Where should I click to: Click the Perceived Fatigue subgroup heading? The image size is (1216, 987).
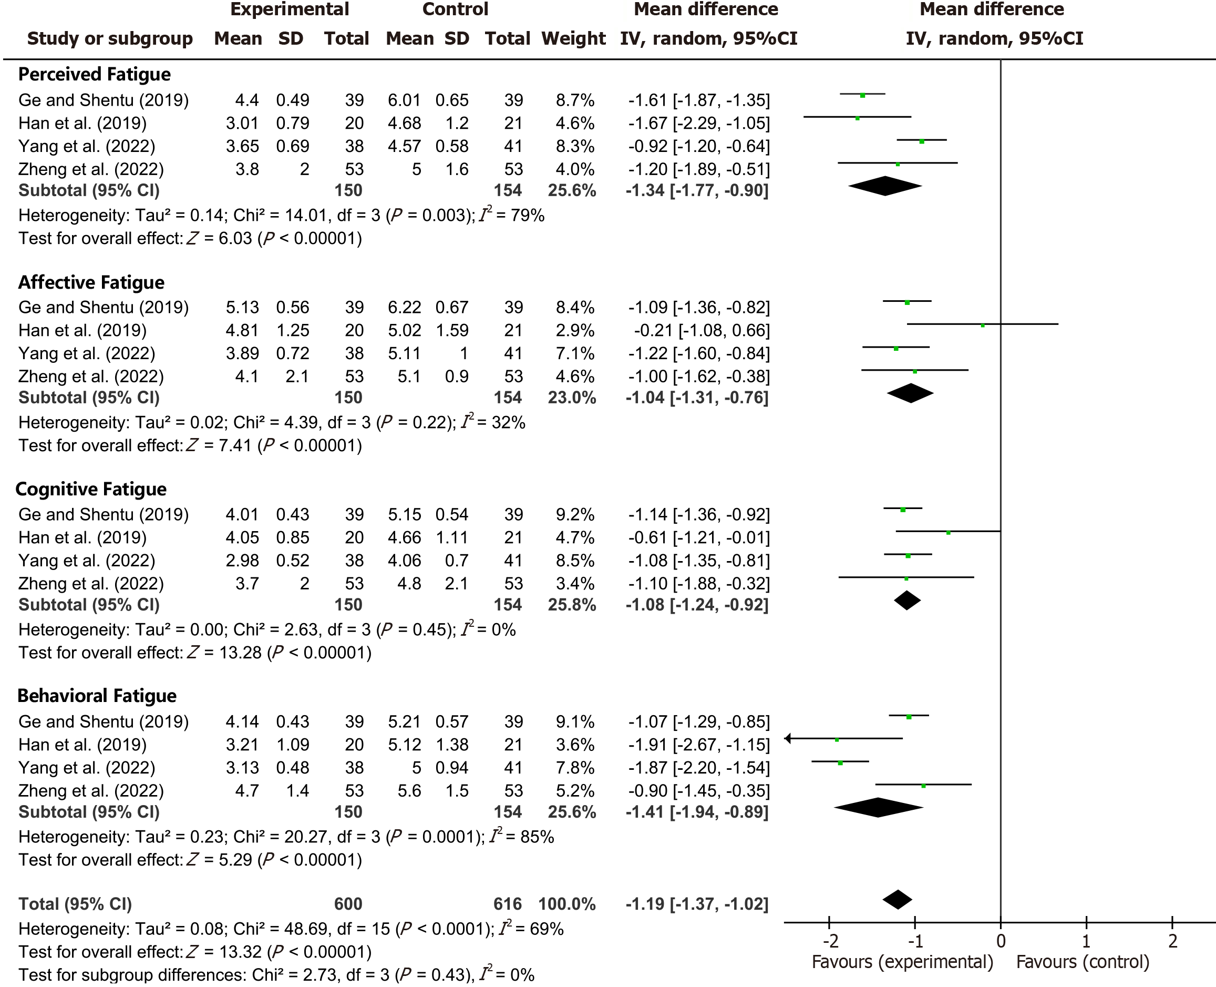(x=94, y=75)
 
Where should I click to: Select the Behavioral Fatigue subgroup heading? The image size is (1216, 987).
(x=97, y=696)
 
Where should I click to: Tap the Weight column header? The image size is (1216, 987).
(x=573, y=39)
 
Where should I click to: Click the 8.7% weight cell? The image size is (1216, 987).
(x=575, y=100)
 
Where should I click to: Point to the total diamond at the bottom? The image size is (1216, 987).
(x=897, y=899)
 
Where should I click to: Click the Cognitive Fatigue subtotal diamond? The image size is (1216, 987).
(x=907, y=601)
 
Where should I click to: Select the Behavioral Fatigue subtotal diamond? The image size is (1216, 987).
(x=879, y=807)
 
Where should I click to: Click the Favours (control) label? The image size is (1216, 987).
(x=1083, y=962)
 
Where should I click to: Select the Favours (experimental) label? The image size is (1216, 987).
(x=902, y=962)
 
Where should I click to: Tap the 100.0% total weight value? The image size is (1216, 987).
(x=567, y=904)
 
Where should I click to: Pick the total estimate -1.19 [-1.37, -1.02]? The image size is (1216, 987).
(x=697, y=904)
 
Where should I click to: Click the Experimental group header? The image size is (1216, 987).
(x=289, y=9)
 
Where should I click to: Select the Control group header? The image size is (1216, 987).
(x=455, y=9)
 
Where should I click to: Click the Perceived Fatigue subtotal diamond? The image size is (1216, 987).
(x=885, y=186)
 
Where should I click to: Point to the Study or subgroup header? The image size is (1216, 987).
(x=110, y=39)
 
